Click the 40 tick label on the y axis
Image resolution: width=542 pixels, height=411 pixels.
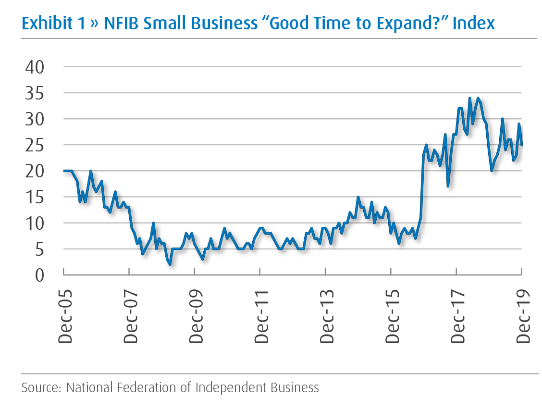click(x=34, y=67)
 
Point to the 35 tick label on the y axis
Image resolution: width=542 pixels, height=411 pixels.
click(x=34, y=93)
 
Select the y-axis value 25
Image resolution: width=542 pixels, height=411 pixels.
click(x=34, y=145)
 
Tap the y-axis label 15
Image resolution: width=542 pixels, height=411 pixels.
click(x=34, y=197)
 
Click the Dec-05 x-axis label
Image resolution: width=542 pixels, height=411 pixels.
click(x=64, y=314)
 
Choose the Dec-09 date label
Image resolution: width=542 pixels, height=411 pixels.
click(x=195, y=314)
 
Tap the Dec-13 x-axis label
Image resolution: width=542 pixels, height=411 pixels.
click(x=326, y=314)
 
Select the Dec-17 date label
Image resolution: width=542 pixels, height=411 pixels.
click(x=457, y=314)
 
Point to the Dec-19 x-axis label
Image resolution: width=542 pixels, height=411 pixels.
click(x=522, y=314)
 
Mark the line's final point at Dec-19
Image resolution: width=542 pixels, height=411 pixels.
click(x=522, y=145)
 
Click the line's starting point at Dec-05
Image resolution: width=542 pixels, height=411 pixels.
click(x=64, y=171)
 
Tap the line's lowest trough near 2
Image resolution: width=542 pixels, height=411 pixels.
click(x=170, y=264)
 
